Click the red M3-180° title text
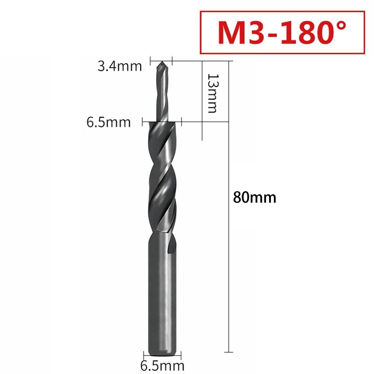tap(282, 33)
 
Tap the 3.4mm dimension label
tap(120, 67)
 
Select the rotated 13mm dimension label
tap(212, 93)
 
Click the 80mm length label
tap(254, 197)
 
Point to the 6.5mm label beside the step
tap(109, 122)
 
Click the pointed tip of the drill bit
tap(161, 62)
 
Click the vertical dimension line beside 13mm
tap(202, 101)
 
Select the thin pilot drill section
tap(161, 93)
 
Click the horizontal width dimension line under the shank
tap(163, 355)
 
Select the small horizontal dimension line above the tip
tap(161, 59)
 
